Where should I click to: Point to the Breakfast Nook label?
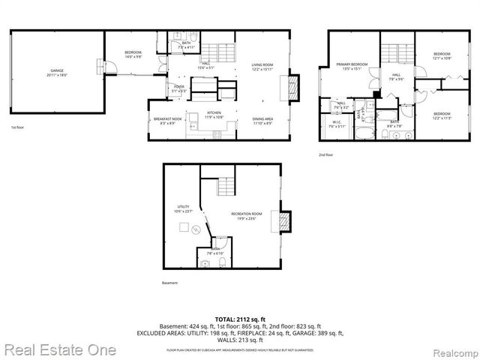[165, 121]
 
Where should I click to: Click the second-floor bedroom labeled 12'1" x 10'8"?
[442, 56]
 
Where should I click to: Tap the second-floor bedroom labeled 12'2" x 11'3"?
[442, 115]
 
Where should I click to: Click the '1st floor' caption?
[18, 128]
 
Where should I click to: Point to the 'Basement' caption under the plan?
[170, 283]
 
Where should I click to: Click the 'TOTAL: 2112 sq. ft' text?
[240, 319]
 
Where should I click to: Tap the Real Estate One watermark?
[58, 349]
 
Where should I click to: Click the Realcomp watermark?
[449, 350]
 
